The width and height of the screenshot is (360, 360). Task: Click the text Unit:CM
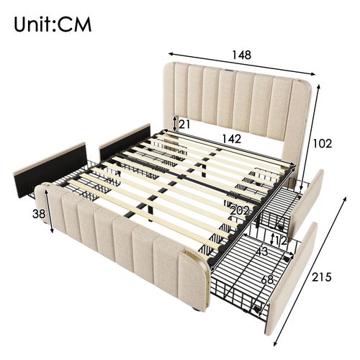(53, 24)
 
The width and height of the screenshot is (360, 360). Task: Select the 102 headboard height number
(323, 143)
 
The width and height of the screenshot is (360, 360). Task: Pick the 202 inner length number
(240, 210)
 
